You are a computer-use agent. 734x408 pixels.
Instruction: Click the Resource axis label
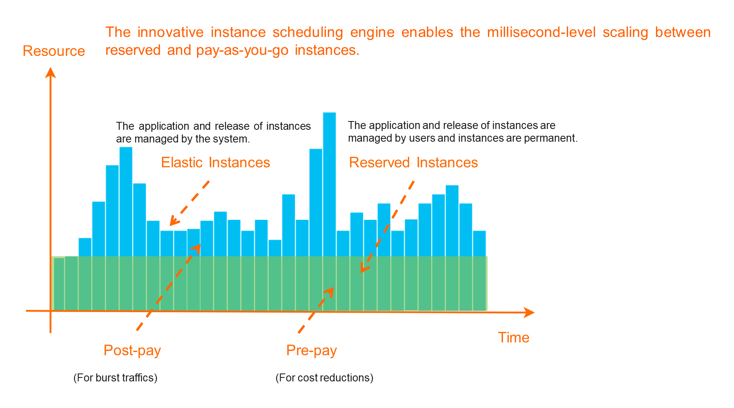point(54,51)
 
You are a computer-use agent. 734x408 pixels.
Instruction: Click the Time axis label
point(513,337)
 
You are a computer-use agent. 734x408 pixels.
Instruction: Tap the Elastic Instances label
point(215,163)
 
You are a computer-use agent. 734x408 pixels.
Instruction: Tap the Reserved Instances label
point(413,163)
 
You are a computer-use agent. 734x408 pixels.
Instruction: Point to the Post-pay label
point(132,350)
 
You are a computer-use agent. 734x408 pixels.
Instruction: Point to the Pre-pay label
point(312,350)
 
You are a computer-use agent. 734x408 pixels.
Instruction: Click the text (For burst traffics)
point(115,377)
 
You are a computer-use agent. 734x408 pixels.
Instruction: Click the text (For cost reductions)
point(324,377)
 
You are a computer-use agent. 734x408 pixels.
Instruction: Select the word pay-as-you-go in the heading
point(242,50)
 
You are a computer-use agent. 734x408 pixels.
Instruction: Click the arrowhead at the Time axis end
point(530,312)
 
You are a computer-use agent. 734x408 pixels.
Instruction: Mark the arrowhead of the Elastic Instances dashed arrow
point(172,221)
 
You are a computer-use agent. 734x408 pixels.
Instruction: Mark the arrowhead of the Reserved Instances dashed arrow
point(363,269)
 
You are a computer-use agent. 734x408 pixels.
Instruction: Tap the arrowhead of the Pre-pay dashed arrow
point(329,291)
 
